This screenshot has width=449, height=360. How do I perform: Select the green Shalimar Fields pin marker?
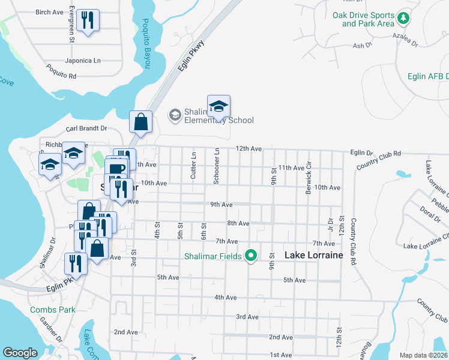click(252, 256)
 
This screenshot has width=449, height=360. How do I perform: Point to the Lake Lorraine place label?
click(313, 255)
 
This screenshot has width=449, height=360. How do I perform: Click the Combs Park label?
click(53, 310)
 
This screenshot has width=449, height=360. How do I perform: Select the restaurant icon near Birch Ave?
click(88, 20)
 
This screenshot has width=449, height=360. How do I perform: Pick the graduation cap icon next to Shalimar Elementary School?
click(219, 107)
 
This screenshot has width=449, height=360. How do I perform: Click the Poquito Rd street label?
click(61, 76)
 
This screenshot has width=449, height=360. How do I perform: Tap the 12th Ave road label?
click(249, 148)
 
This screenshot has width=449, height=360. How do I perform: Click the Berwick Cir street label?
click(309, 173)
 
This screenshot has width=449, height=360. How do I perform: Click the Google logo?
click(20, 353)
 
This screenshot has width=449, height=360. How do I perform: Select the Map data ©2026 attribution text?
click(423, 355)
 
